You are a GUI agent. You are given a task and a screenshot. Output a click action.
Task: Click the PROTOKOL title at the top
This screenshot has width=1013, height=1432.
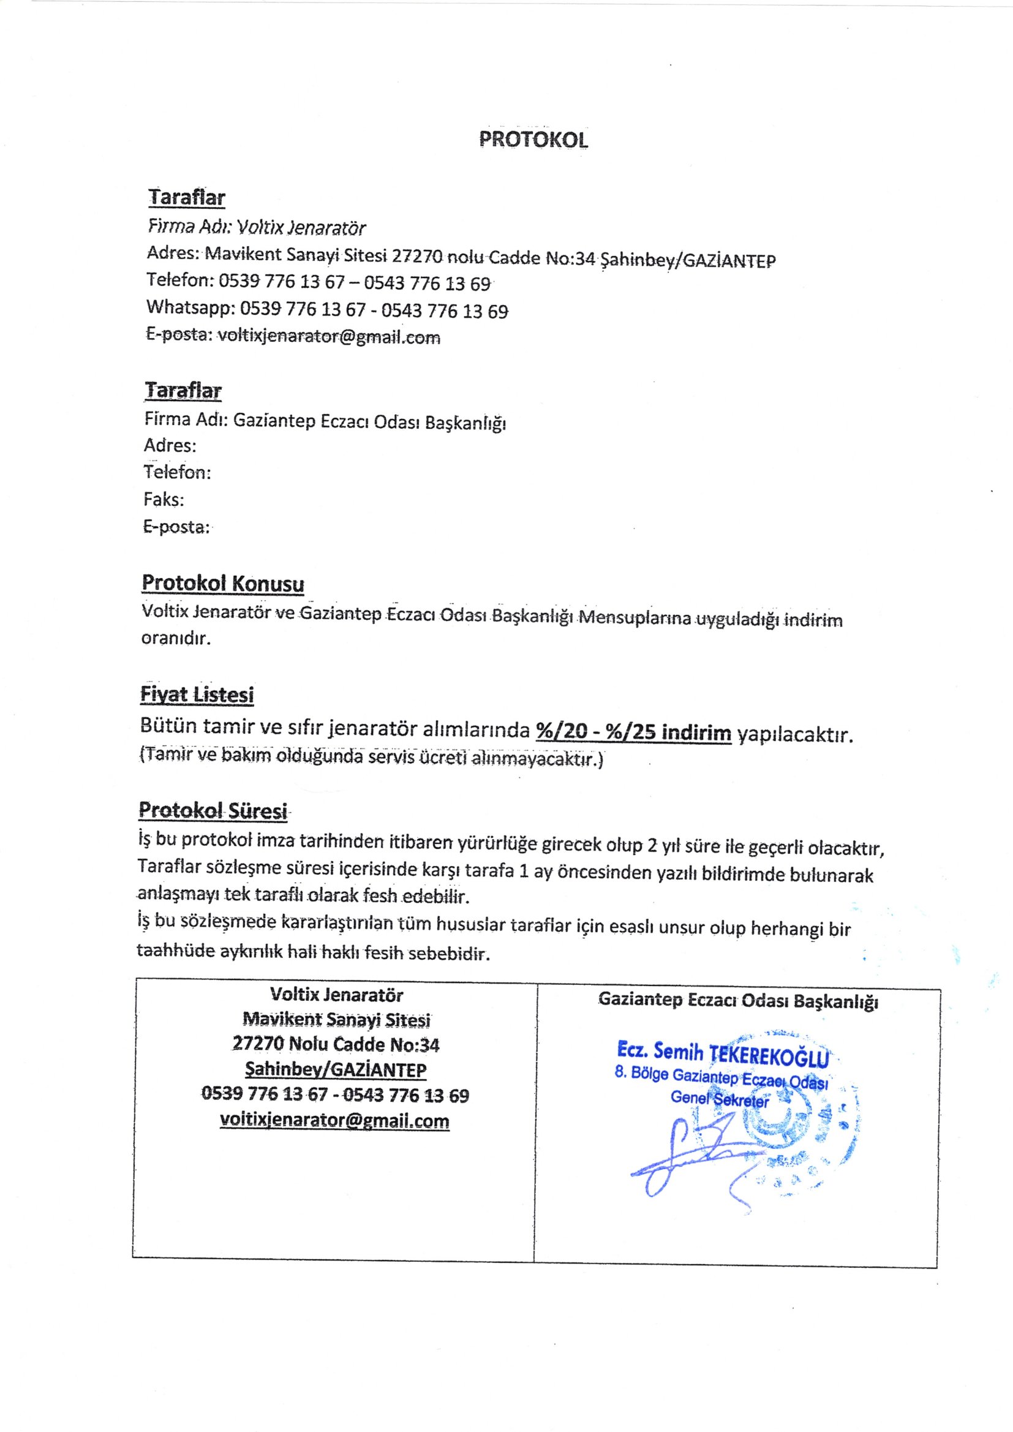(x=533, y=140)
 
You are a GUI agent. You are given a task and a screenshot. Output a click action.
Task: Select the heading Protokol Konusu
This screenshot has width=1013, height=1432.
(x=223, y=583)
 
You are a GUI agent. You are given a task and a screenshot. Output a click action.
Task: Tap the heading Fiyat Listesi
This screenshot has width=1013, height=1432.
(x=197, y=694)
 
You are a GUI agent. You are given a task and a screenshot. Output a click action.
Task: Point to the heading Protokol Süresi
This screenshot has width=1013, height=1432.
(x=213, y=811)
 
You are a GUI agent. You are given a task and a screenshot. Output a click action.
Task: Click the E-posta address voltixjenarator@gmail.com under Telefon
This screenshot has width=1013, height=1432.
(x=329, y=337)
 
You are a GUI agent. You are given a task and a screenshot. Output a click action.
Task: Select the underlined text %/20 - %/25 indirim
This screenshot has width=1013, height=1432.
(x=633, y=732)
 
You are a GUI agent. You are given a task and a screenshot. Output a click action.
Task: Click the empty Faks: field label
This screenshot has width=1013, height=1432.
(x=164, y=500)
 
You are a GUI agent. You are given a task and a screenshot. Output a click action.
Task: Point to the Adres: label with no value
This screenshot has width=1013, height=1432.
(x=170, y=445)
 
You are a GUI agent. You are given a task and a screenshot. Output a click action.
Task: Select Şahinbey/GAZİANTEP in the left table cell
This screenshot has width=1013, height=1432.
(x=336, y=1069)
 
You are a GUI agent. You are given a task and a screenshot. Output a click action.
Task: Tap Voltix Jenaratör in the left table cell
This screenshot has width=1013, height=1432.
(x=336, y=995)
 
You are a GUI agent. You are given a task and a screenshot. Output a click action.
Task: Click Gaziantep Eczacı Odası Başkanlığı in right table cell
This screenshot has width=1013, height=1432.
(x=738, y=1000)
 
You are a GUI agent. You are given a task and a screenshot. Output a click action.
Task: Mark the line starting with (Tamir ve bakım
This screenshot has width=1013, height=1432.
(x=371, y=758)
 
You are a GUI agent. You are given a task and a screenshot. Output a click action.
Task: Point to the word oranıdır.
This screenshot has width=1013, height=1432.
(x=176, y=639)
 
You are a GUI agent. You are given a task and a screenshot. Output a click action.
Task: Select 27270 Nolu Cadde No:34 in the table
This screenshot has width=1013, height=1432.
(x=336, y=1045)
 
